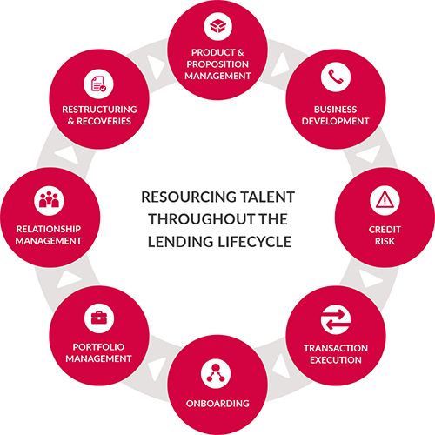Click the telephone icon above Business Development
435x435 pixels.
pos(336,77)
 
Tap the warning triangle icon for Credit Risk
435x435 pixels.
pos(385,200)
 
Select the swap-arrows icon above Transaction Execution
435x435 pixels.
pos(336,319)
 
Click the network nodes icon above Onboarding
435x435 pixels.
pos(216,373)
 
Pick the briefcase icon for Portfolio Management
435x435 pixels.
pos(99,318)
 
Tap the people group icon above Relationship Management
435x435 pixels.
pos(49,201)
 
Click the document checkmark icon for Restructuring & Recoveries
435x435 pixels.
pos(98,84)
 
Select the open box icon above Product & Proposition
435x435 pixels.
pos(217,26)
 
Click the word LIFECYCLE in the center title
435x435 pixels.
pos(255,242)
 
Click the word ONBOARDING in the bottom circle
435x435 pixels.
pos(217,404)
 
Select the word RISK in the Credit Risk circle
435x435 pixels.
pos(385,241)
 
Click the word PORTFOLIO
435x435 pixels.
pos(98,347)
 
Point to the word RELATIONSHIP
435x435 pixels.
pos(49,229)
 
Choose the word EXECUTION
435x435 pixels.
pos(336,360)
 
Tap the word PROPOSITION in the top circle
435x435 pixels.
pos(217,64)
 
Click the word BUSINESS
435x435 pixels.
pos(336,110)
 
